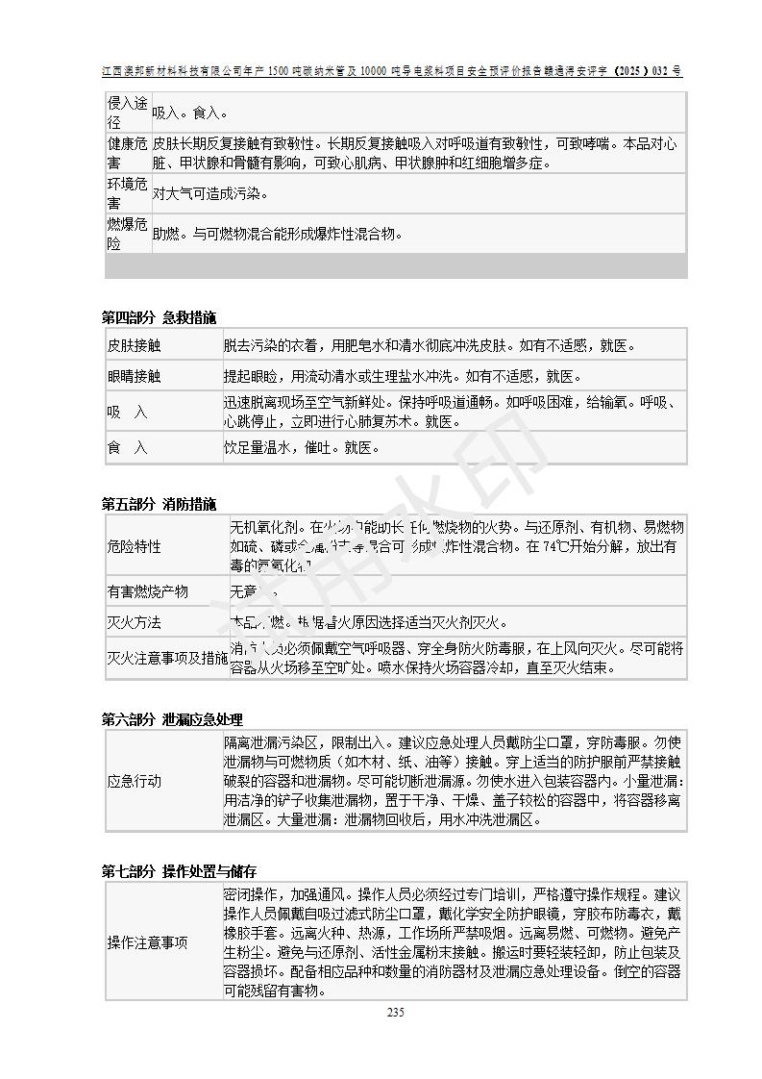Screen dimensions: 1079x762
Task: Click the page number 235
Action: (395, 1012)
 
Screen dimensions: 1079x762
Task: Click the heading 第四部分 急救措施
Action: (159, 317)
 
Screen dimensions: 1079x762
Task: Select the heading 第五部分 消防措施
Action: (159, 504)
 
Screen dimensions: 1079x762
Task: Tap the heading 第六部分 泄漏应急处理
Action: (172, 719)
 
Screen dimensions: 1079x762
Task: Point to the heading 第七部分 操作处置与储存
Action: (179, 871)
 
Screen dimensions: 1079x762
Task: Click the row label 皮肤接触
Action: (134, 345)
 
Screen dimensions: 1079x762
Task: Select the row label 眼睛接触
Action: (134, 376)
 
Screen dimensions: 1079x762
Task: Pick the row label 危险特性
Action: (134, 546)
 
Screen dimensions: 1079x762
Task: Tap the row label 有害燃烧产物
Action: (147, 591)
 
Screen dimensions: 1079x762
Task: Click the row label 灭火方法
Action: (134, 622)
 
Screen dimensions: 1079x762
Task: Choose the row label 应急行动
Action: (134, 781)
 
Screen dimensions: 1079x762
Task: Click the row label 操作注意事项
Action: (147, 942)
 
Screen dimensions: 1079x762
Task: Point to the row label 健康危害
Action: (127, 153)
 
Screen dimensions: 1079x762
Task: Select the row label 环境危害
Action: (127, 193)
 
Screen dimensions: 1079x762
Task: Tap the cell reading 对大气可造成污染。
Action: (210, 193)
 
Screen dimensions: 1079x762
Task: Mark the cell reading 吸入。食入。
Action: (191, 113)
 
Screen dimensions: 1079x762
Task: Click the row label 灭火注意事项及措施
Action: (167, 658)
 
